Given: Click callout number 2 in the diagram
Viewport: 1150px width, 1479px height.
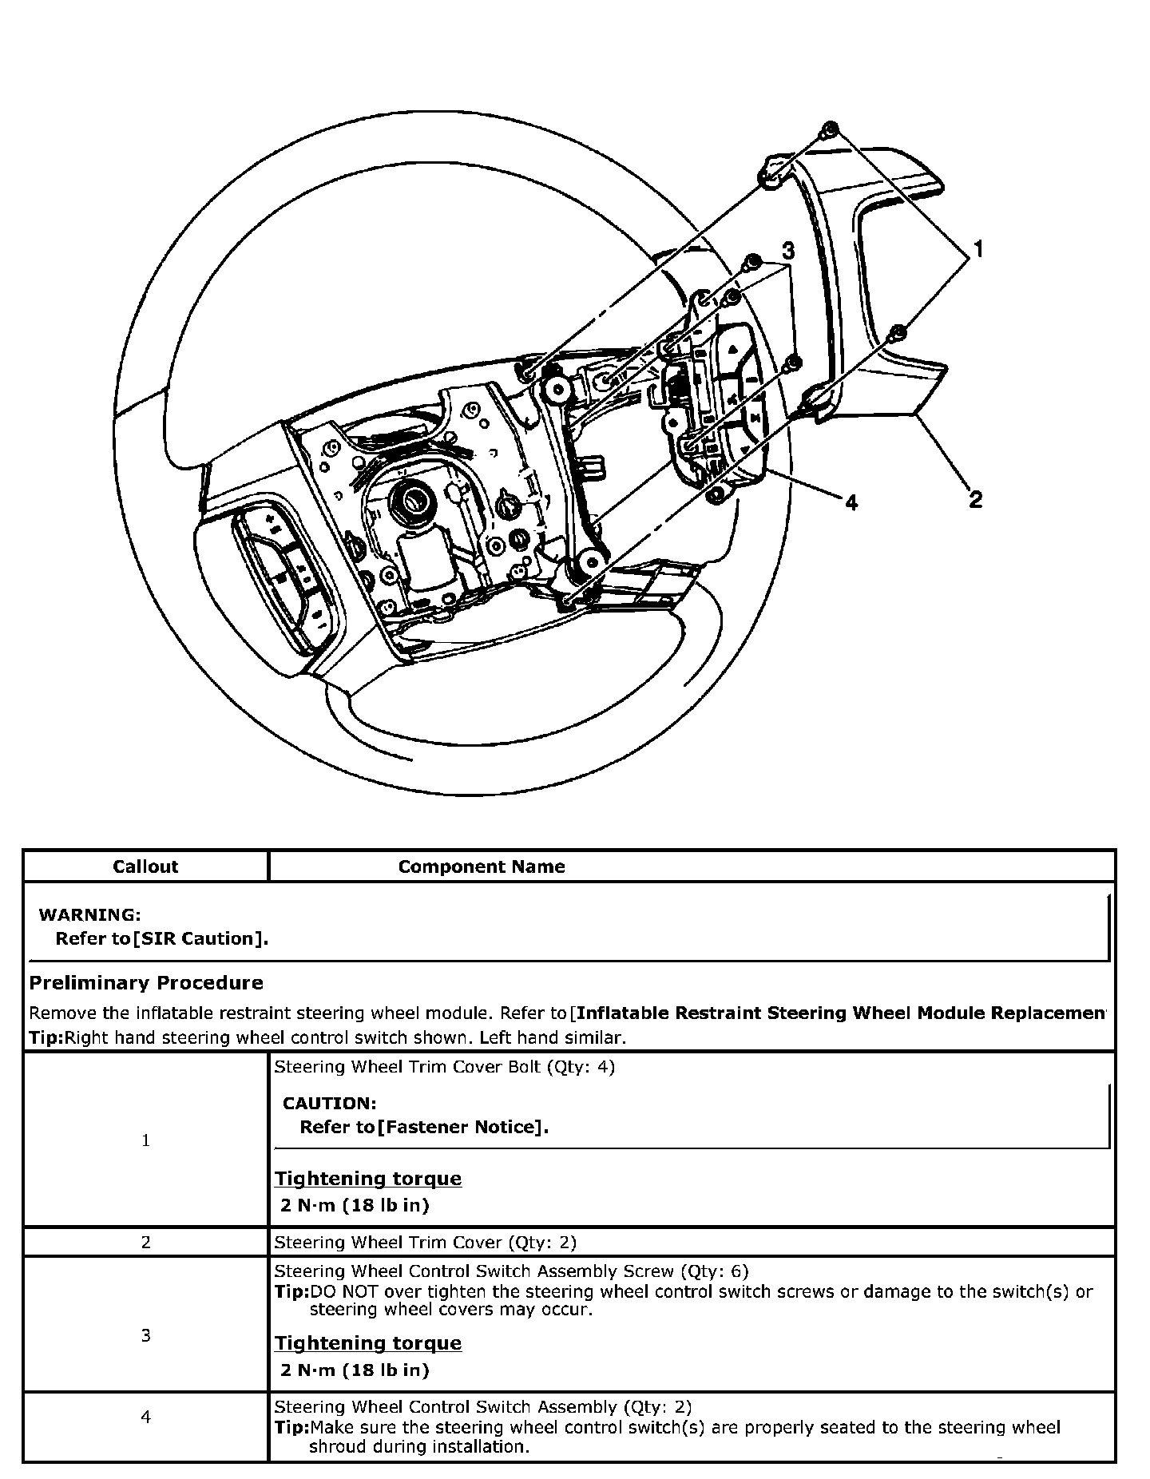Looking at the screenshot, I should tap(975, 501).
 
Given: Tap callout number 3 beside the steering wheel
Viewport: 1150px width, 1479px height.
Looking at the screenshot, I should tap(787, 251).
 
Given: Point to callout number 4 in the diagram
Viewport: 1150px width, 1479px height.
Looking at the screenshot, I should tap(851, 502).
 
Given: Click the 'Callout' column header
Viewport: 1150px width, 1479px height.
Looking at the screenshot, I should tap(145, 866).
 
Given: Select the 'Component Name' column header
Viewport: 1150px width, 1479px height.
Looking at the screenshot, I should tap(481, 866).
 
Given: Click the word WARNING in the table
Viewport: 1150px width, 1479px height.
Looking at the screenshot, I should tap(89, 914).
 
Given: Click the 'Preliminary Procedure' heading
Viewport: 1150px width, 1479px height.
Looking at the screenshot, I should tap(146, 982).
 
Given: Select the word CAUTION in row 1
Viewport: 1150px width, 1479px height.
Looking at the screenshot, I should tap(329, 1103).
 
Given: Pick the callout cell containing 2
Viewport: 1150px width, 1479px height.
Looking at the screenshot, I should tap(145, 1242).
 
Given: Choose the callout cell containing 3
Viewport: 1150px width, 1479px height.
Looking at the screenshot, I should tap(145, 1335).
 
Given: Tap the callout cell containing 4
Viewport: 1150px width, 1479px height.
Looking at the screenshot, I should tap(145, 1417).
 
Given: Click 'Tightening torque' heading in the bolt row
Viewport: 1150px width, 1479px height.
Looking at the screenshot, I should tap(368, 1179).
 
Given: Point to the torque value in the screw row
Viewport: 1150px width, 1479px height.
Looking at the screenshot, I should tap(355, 1370).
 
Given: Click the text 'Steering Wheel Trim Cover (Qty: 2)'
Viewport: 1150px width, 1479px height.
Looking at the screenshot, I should tap(425, 1242).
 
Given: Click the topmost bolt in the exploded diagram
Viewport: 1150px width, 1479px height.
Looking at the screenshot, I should tap(830, 129).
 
